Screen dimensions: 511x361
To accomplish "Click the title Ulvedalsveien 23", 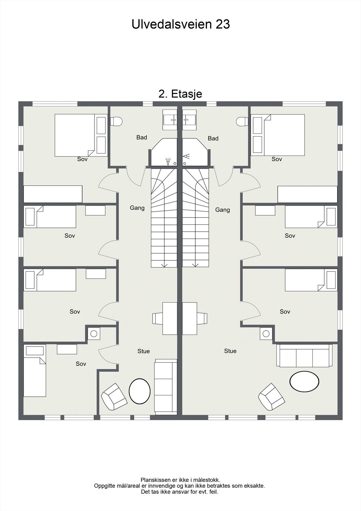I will (181, 24).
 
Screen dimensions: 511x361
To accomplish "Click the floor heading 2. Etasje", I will (180, 94).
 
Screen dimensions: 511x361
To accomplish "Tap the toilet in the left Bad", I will (117, 121).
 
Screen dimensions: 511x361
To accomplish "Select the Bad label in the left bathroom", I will (142, 137).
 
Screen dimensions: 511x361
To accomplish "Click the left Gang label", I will (137, 208).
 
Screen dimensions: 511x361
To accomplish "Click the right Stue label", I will (230, 351).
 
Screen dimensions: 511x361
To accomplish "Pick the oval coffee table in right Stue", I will (304, 381).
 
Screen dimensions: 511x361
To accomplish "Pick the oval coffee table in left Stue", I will (139, 391).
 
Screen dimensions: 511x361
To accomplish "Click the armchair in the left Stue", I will (114, 397).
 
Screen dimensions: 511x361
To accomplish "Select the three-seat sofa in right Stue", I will (305, 356).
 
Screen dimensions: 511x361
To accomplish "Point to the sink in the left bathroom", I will (170, 120).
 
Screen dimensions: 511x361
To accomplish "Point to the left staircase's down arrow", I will (164, 265).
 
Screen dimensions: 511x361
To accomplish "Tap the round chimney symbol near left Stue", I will (94, 333).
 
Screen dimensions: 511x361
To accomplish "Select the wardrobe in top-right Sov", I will (307, 194).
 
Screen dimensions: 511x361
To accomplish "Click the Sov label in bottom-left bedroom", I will (81, 364).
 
